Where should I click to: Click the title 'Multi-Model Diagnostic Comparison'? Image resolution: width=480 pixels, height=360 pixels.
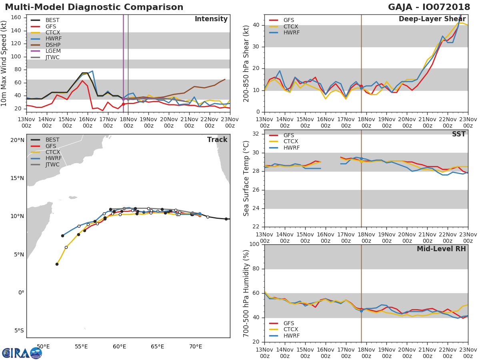pyautogui.click(x=94, y=7)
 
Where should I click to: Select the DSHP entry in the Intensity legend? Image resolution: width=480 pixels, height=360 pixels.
pyautogui.click(x=52, y=45)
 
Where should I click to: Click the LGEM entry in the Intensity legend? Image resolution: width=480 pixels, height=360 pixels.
pyautogui.click(x=52, y=51)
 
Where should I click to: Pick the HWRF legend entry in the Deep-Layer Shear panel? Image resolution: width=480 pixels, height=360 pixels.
pyautogui.click(x=291, y=32)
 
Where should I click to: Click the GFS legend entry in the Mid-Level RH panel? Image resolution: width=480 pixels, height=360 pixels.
pyautogui.click(x=288, y=323)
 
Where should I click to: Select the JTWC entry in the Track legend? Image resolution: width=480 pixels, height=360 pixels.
pyautogui.click(x=52, y=164)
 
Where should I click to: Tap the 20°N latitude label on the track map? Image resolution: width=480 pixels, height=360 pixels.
pyautogui.click(x=17, y=140)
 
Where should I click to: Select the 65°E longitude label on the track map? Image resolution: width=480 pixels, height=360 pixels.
pyautogui.click(x=158, y=346)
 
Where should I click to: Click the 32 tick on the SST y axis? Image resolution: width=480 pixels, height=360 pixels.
pyautogui.click(x=256, y=134)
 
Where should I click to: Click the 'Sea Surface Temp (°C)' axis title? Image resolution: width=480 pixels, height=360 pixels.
pyautogui.click(x=246, y=178)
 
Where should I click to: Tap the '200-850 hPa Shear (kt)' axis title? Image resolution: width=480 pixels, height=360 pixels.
pyautogui.click(x=246, y=64)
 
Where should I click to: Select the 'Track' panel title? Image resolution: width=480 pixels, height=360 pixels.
pyautogui.click(x=217, y=140)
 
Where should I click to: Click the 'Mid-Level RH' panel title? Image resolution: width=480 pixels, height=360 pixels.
pyautogui.click(x=441, y=249)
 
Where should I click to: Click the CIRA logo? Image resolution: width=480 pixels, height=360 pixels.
pyautogui.click(x=22, y=353)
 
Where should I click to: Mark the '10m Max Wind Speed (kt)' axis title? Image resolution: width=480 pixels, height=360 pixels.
pyautogui.click(x=4, y=64)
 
